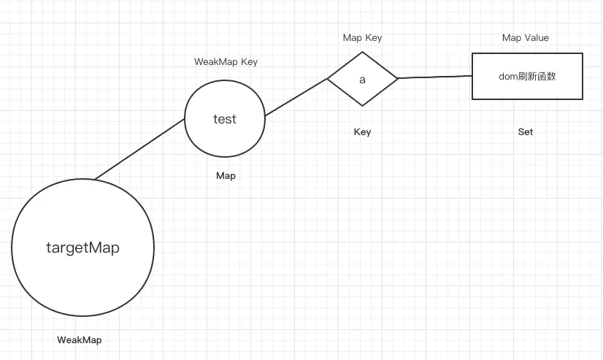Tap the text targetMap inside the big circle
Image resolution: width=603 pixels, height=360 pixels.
click(82, 248)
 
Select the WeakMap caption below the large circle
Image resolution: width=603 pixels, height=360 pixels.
click(80, 340)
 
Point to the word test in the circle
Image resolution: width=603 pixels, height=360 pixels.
click(225, 119)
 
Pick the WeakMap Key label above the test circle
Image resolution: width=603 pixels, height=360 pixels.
click(226, 62)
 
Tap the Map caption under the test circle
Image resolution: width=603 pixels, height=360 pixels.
click(226, 176)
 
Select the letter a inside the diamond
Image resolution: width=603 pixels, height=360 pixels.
click(362, 79)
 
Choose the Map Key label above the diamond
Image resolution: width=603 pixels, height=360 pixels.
click(362, 37)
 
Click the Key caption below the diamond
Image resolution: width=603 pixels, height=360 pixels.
click(362, 132)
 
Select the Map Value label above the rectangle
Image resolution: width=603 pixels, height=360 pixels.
click(526, 37)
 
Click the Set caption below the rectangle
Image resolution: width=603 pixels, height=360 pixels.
click(526, 132)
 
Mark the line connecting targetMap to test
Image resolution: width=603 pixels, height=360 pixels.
click(139, 149)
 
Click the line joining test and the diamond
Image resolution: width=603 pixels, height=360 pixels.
click(296, 97)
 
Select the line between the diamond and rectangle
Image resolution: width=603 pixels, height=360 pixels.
click(435, 76)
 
